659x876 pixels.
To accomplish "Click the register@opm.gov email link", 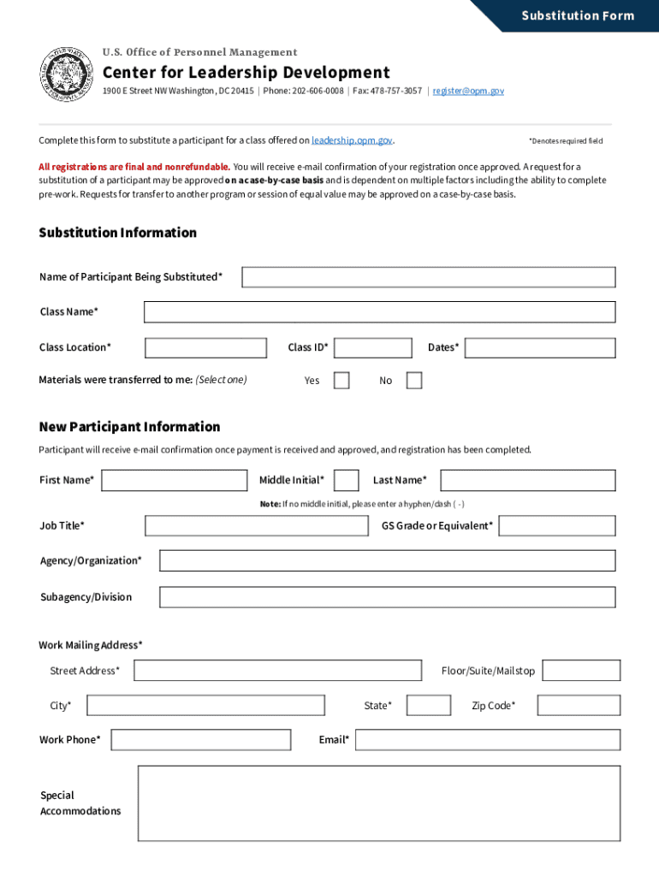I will click(468, 91).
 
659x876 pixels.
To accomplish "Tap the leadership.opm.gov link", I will click(352, 140).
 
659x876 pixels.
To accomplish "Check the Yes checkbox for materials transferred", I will click(341, 381).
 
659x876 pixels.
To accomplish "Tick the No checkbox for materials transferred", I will click(414, 381).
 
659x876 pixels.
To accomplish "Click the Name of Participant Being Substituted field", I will click(428, 277).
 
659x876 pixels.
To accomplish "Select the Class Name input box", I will click(379, 312).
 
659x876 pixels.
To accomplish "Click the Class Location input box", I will click(205, 348).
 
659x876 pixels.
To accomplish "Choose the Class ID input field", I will click(372, 348).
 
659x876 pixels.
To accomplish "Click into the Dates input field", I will click(539, 348).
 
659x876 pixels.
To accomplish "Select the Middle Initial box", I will click(346, 481).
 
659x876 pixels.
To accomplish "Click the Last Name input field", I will click(527, 481).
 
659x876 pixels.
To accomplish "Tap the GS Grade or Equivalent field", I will click(556, 526).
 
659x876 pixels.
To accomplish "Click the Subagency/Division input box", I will click(387, 597).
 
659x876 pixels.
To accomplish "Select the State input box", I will click(428, 706).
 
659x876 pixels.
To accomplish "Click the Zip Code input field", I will click(579, 706).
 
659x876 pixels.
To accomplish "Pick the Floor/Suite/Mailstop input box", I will click(581, 671).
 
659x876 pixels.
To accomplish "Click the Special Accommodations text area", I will click(378, 803).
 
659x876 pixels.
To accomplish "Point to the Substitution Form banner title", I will click(578, 15).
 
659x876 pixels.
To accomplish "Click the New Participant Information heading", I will click(129, 427).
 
